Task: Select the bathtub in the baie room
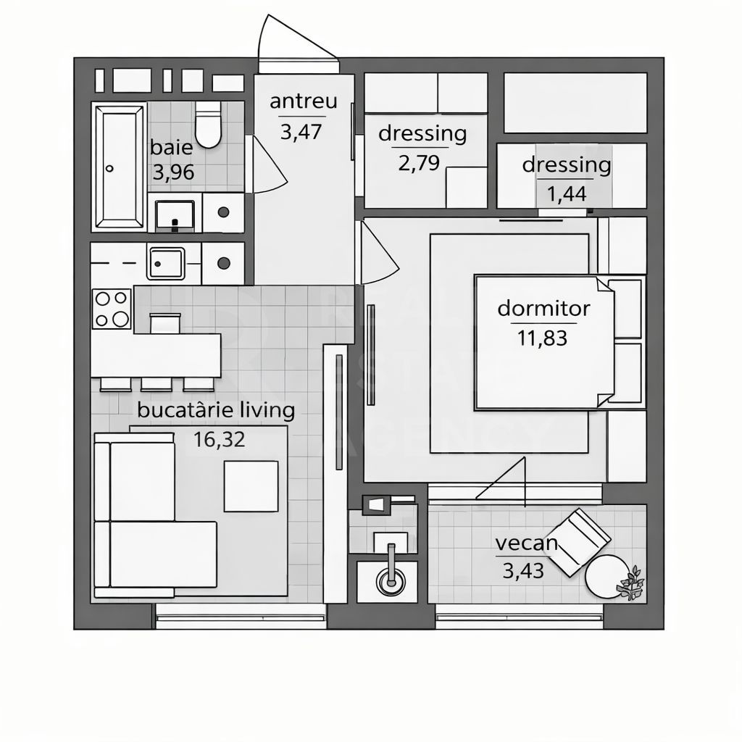(119, 164)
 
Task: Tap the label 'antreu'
(303, 101)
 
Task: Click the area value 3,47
(300, 132)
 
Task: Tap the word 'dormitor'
(543, 309)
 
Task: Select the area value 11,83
(543, 337)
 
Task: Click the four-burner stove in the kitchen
(112, 309)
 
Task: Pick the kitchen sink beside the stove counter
(166, 262)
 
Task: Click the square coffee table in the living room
(251, 486)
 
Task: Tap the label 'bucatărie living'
(216, 411)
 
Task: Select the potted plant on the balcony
(631, 584)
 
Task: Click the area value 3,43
(523, 571)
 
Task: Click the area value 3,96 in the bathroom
(172, 174)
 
